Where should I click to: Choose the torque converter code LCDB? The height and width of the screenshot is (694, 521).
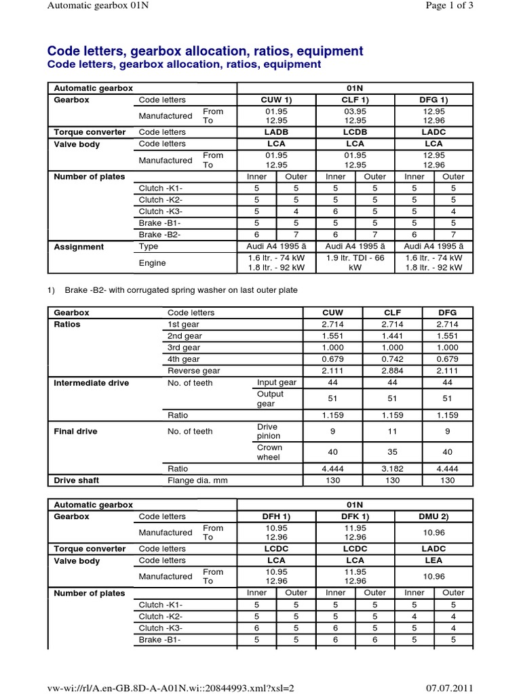pos(355,132)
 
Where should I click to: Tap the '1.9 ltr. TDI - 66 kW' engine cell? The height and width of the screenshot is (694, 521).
pos(355,262)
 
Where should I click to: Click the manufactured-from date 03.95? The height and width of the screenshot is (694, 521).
pos(355,111)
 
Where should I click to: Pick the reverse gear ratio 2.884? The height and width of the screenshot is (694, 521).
pos(393,371)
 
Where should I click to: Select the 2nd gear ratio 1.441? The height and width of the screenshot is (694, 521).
pos(393,336)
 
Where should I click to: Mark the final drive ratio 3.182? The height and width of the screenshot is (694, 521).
pos(393,468)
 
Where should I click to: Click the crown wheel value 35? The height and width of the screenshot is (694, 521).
pos(393,452)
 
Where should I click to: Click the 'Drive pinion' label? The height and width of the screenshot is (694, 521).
pos(269,432)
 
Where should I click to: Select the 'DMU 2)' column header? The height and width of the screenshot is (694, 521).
pos(433,516)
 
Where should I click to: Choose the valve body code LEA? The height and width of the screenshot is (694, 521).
pos(433,560)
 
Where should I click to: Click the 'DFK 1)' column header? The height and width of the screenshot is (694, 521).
pos(355,516)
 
